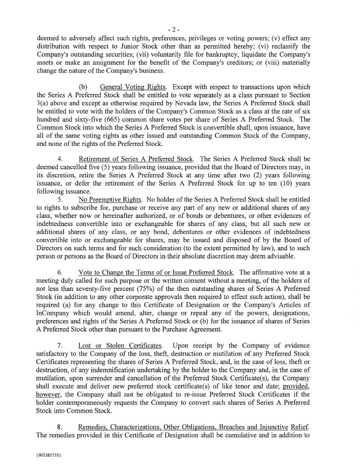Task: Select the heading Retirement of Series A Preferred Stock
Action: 136,159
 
